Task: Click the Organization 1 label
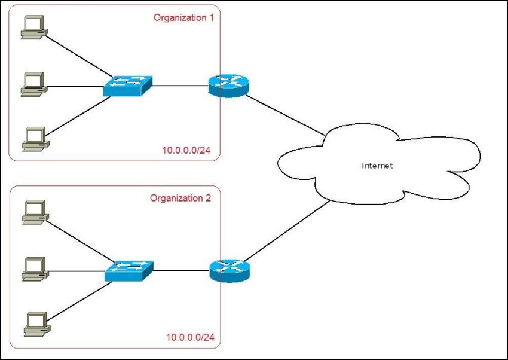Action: click(183, 17)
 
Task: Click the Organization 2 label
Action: click(180, 198)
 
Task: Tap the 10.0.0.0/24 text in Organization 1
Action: click(186, 150)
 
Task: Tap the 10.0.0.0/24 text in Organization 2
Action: click(190, 337)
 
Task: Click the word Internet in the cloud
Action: click(377, 166)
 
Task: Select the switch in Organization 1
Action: click(128, 86)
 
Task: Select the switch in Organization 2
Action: click(129, 271)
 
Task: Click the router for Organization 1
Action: click(228, 86)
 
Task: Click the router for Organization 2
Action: click(229, 270)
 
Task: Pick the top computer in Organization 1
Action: click(34, 28)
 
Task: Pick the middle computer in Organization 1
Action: click(34, 84)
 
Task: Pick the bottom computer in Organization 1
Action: click(36, 139)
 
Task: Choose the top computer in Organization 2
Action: click(36, 212)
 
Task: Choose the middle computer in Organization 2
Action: click(35, 269)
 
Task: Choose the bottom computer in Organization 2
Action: click(37, 324)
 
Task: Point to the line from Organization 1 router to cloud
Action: click(285, 115)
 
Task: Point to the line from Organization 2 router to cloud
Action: click(286, 231)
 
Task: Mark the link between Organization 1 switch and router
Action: click(180, 86)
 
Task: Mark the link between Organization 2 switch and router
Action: click(182, 271)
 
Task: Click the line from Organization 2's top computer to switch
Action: click(80, 242)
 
